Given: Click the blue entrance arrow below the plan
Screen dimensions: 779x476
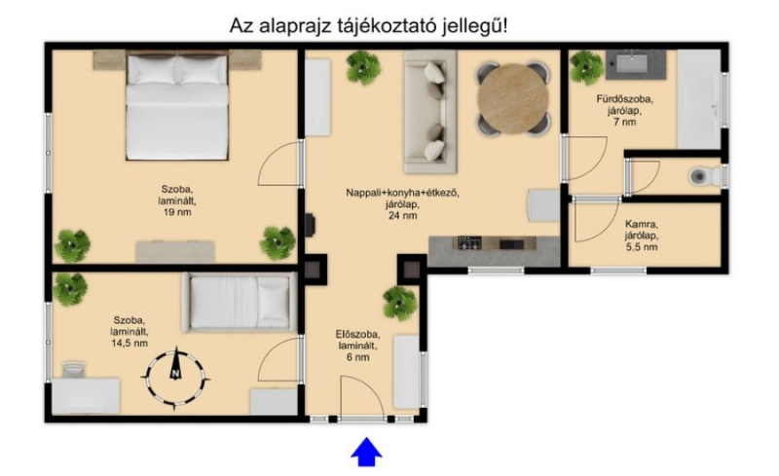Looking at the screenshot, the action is pyautogui.click(x=367, y=452).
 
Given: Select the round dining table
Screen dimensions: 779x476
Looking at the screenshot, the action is pyautogui.click(x=513, y=98).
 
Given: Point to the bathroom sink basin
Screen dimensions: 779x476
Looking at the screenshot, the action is pyautogui.click(x=631, y=63).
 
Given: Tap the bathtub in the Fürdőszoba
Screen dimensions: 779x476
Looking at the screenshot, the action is pyautogui.click(x=699, y=99).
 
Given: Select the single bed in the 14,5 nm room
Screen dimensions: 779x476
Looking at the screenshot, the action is pyautogui.click(x=241, y=302).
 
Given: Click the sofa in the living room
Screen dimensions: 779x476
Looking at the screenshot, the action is pyautogui.click(x=429, y=112).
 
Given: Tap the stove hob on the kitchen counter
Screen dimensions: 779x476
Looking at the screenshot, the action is pyautogui.click(x=469, y=243).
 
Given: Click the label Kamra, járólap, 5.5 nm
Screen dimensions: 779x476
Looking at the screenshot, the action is pyautogui.click(x=641, y=235).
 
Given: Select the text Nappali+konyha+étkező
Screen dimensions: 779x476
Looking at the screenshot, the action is pyautogui.click(x=402, y=193).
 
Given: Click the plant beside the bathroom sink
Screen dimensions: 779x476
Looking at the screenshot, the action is pyautogui.click(x=587, y=67).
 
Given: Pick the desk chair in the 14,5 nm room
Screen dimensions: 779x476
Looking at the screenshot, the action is pyautogui.click(x=74, y=370).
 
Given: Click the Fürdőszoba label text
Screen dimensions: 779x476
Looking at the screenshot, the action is pyautogui.click(x=624, y=99).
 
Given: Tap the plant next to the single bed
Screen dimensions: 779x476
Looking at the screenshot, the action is pyautogui.click(x=69, y=289).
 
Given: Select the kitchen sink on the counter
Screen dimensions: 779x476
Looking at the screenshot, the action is pyautogui.click(x=511, y=244).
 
